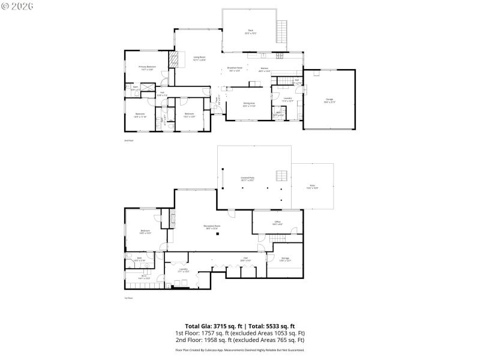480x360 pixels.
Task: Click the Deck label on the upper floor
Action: (250, 31)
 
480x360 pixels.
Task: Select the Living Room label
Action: (200, 58)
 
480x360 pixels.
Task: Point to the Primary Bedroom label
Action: (147, 68)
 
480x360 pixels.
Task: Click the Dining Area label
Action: (249, 104)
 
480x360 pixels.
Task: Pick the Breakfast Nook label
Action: (235, 69)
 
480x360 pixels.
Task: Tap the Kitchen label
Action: (264, 70)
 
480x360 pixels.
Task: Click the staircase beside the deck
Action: (281, 31)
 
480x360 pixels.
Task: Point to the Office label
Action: (278, 223)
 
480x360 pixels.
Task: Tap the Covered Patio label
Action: (247, 178)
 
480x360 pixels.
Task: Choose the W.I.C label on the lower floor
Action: (144, 277)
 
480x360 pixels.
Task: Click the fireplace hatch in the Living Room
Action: (175, 59)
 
